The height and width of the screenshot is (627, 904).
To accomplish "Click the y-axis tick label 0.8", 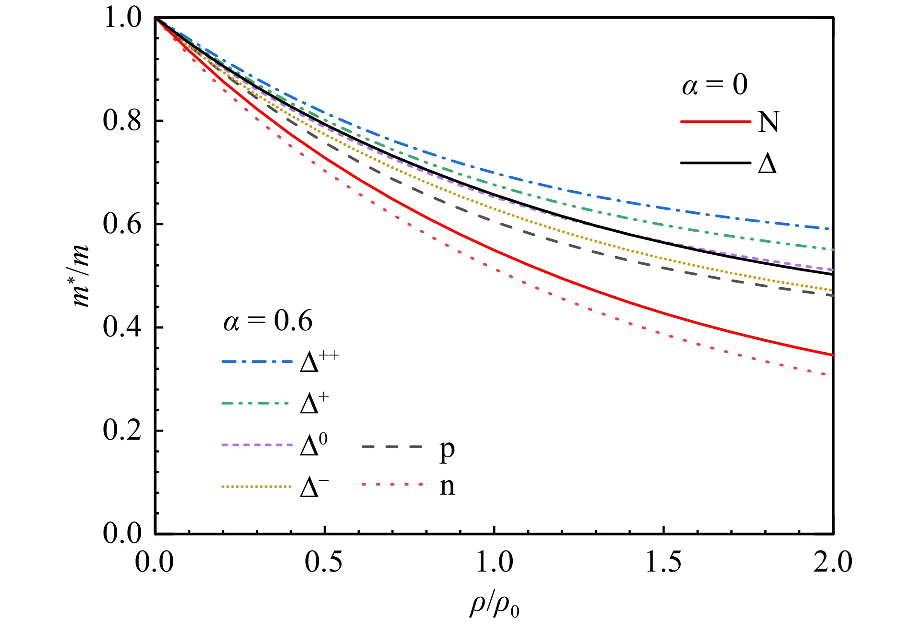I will point(122,120).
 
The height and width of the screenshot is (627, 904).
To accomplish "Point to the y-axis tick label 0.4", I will point(122,327).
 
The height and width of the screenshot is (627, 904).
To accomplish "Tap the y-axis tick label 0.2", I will point(122,431).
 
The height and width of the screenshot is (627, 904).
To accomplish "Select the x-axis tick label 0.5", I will point(324,562).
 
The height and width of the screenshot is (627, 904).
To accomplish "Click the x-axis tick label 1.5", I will point(663,562).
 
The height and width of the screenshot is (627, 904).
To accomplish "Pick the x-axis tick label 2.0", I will point(833,562).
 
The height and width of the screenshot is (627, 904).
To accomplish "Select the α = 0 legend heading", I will point(715,85).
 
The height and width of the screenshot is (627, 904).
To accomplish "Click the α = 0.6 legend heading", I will point(268,321).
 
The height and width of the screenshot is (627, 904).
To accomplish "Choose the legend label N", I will point(768,122).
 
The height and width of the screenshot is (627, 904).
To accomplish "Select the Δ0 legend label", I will point(314,445).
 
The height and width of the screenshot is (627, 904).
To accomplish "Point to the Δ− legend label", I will point(314,487).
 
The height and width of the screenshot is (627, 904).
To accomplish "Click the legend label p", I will point(447,449).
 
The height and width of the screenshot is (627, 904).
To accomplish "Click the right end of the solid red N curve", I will point(833,355).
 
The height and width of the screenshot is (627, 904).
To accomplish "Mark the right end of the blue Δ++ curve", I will point(833,229).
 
